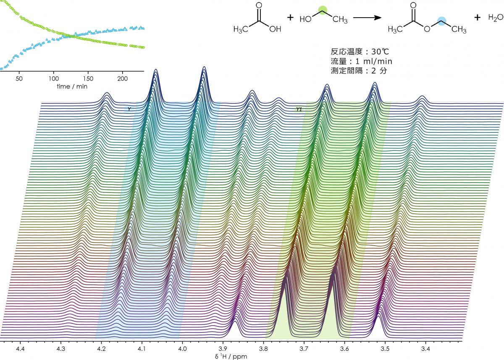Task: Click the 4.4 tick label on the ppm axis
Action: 20,349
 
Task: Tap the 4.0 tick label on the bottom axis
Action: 182,349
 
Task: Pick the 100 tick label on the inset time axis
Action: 53,79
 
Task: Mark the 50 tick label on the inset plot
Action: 19,79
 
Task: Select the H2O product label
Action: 495,18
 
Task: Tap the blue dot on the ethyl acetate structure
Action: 441,21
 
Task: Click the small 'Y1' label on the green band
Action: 299,109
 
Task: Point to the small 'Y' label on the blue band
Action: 129,109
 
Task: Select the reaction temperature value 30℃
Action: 383,53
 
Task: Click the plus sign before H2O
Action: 477,18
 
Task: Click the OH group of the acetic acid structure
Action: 275,29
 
